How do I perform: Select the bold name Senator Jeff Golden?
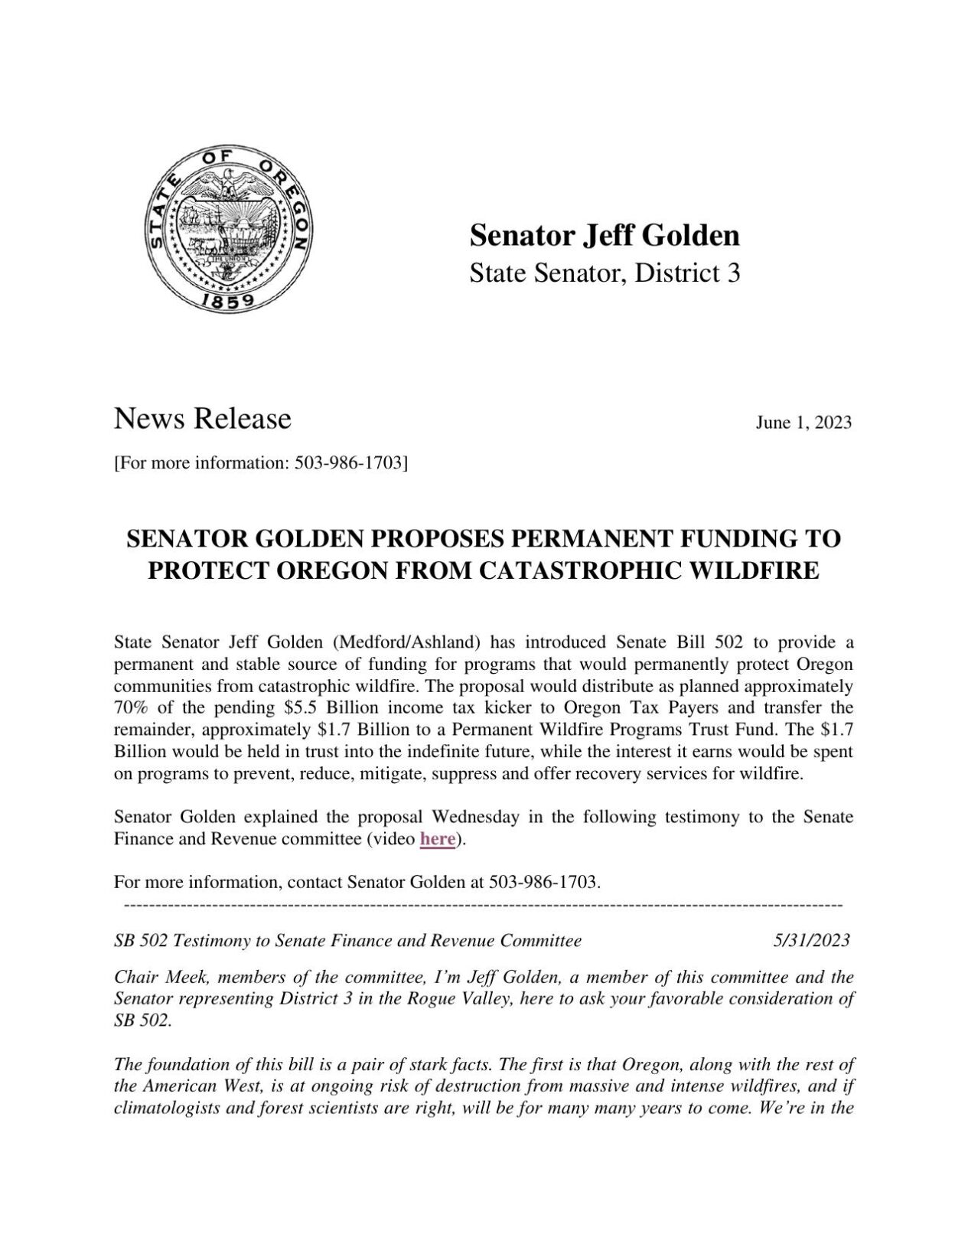(605, 236)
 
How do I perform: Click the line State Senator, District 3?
(605, 273)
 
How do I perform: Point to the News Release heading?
(203, 419)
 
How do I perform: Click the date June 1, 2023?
(803, 423)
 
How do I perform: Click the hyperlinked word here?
(438, 839)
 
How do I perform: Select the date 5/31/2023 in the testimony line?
(811, 940)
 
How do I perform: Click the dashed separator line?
(482, 906)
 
